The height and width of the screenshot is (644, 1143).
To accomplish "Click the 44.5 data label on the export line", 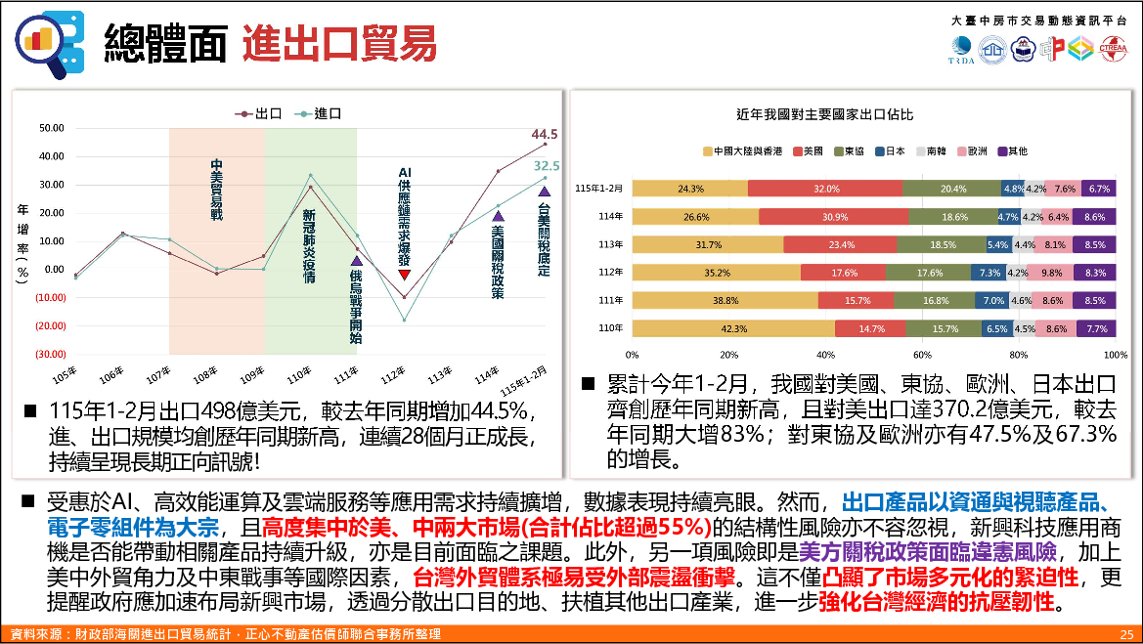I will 545,134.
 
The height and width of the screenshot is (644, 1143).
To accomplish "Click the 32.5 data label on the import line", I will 547,166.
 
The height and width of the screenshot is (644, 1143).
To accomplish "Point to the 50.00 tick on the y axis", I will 52,128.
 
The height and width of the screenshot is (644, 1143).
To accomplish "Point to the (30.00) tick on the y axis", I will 51,354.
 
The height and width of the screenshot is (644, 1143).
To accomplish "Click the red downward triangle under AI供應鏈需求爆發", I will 404,276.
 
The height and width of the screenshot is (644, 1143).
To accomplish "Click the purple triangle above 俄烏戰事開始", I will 356,261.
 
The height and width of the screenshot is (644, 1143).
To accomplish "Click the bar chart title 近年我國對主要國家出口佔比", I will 825,114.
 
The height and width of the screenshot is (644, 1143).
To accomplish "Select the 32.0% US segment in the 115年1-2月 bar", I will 825,189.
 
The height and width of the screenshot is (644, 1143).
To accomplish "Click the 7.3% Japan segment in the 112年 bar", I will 989,273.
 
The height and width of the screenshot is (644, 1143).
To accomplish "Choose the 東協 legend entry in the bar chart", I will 847,151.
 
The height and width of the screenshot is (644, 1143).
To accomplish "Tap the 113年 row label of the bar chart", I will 611,244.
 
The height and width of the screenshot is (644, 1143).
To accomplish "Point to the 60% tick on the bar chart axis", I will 921,354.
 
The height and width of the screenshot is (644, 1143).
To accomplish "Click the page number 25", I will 1125,634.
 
